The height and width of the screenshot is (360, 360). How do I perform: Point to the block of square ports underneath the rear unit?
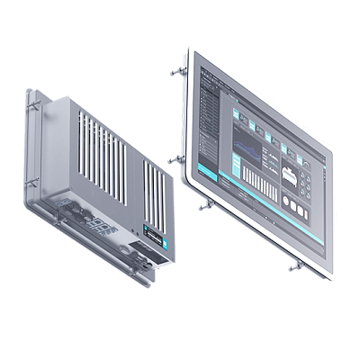coord(102,227)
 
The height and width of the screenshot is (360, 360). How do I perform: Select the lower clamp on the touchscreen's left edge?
coord(173,159)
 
